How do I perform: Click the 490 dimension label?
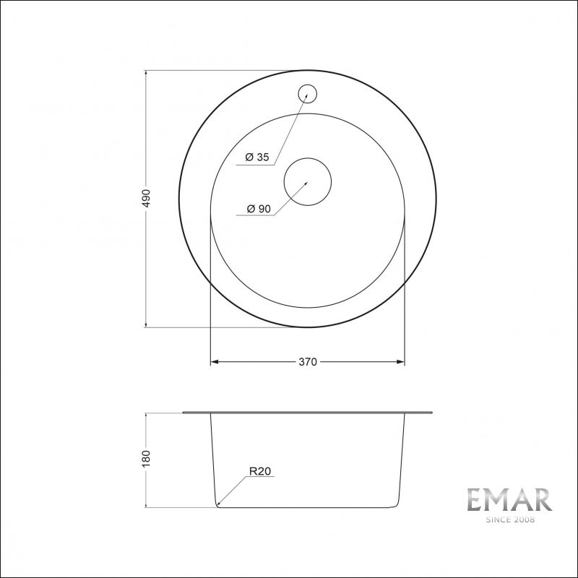pyautogui.click(x=146, y=199)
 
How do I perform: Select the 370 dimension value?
pyautogui.click(x=308, y=362)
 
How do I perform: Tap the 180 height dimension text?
pyautogui.click(x=146, y=458)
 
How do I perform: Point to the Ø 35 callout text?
pyautogui.click(x=257, y=158)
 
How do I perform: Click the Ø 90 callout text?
pyautogui.click(x=258, y=209)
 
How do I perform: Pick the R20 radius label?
pyautogui.click(x=259, y=472)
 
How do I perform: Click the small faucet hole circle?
pyautogui.click(x=308, y=94)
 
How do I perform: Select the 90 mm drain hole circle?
pyautogui.click(x=307, y=181)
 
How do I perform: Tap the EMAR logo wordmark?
pyautogui.click(x=509, y=501)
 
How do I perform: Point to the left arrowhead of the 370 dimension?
pyautogui.click(x=214, y=362)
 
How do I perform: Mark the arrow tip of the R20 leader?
pyautogui.click(x=218, y=504)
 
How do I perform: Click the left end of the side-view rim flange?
pyautogui.click(x=185, y=413)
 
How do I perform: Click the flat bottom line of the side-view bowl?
pyautogui.click(x=308, y=507)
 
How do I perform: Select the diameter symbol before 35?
pyautogui.click(x=249, y=158)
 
